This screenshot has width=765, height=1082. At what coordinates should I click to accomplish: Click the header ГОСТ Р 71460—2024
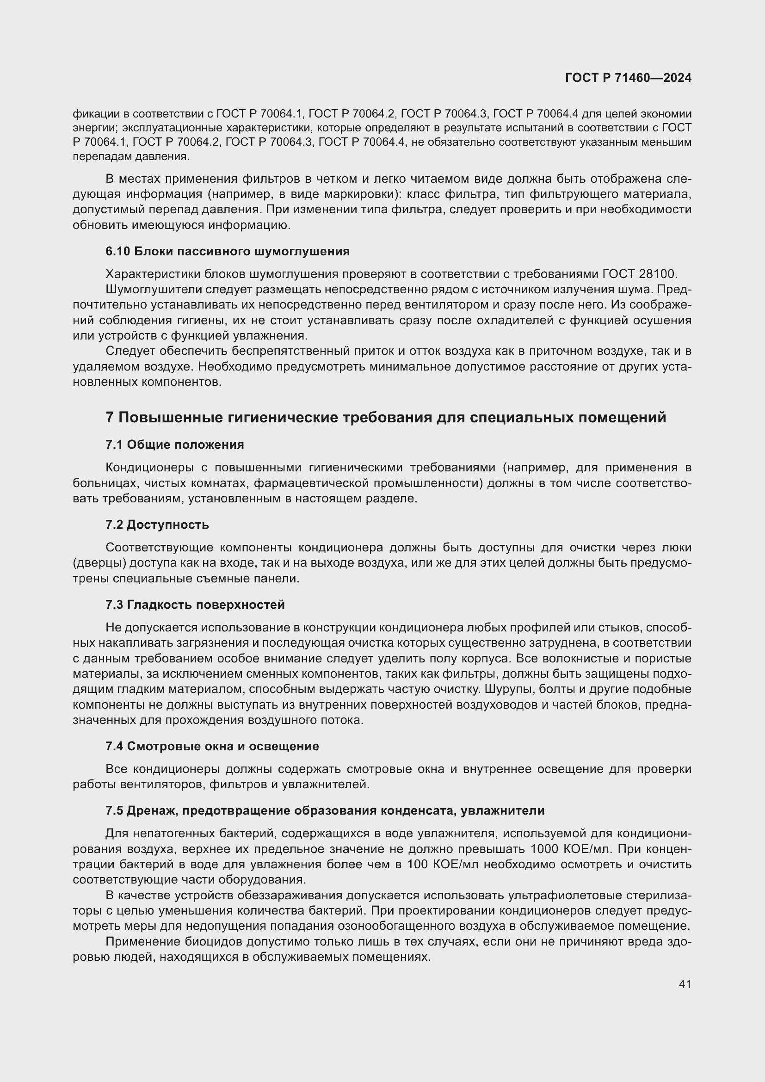point(628,78)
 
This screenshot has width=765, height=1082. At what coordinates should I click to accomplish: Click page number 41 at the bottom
point(685,984)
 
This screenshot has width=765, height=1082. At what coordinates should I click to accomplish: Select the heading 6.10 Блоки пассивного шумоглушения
point(228,251)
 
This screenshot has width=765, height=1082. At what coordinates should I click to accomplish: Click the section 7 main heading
point(386,418)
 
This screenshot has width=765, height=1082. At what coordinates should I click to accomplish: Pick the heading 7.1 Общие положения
point(175,445)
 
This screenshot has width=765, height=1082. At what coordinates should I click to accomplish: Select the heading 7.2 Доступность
point(157,525)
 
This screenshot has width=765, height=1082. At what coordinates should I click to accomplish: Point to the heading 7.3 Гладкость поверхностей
point(195,605)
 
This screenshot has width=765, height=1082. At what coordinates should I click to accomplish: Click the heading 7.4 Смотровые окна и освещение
point(212,746)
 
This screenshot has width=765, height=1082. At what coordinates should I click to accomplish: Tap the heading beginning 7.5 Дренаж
point(325,810)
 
